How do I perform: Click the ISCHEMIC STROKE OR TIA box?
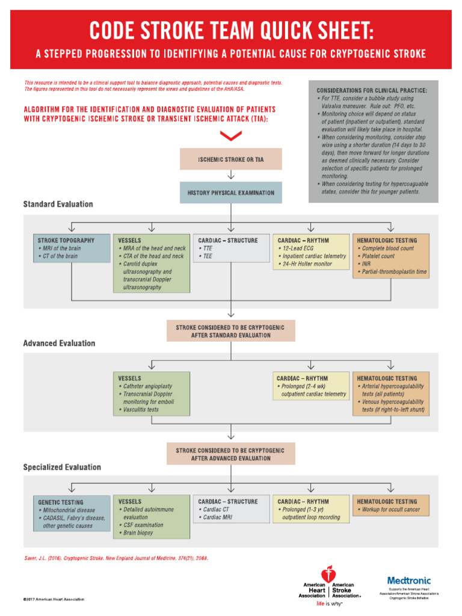230,159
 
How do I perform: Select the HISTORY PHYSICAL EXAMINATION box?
230,193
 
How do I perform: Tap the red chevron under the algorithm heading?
231,137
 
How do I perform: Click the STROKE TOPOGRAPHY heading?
66,240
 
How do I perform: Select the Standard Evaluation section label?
58,205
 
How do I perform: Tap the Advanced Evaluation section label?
59,343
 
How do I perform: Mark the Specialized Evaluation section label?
62,467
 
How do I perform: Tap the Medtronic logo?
408,581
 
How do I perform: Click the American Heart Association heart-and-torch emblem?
328,574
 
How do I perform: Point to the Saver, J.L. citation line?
115,558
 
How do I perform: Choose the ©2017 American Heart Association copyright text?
54,599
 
